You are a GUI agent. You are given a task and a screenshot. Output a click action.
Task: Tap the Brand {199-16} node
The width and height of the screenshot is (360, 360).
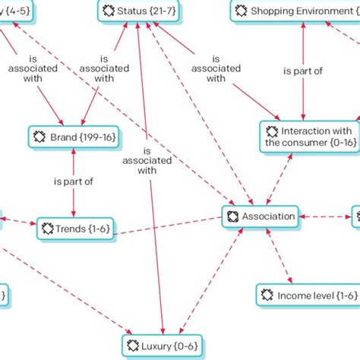tap(73, 137)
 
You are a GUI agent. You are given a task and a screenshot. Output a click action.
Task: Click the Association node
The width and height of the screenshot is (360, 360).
tap(261, 216)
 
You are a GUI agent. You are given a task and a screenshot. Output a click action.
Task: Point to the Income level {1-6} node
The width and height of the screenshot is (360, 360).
tap(296, 295)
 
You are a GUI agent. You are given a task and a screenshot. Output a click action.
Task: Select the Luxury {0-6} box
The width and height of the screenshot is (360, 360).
tap(163, 346)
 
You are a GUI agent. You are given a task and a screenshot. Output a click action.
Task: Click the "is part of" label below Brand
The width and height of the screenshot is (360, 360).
tap(73, 182)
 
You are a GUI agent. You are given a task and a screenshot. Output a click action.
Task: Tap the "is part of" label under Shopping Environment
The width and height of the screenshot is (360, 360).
tap(303, 71)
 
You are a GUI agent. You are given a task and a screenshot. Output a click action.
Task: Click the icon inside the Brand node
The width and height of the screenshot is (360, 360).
tap(39, 137)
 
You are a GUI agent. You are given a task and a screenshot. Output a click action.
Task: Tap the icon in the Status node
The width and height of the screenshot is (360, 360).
tap(107, 11)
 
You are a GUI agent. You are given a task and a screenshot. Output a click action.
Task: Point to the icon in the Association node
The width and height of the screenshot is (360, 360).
tap(232, 216)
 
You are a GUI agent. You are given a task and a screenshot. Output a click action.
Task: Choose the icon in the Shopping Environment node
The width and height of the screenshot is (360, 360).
tap(240, 11)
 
